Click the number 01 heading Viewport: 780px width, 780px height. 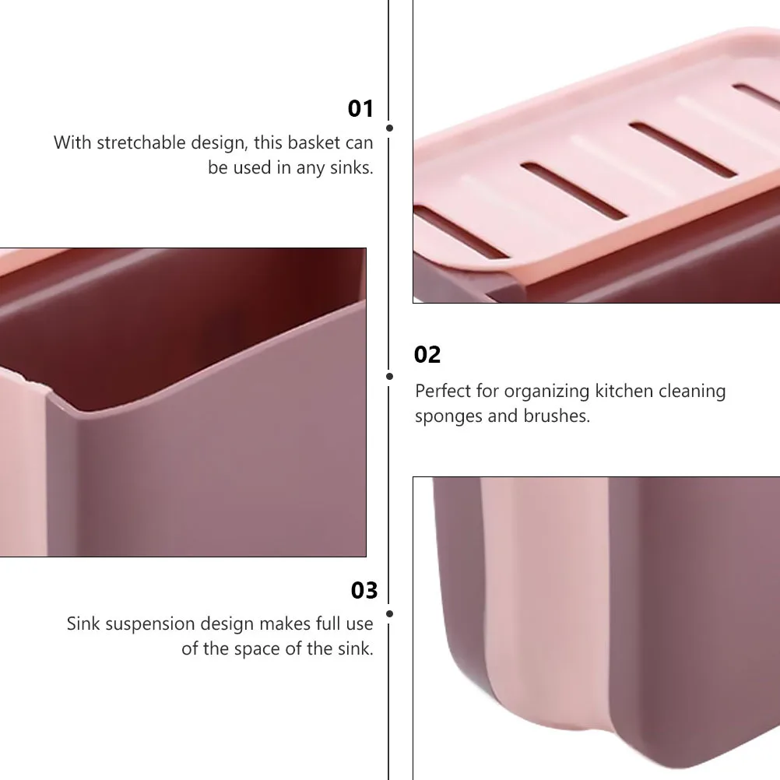(360, 109)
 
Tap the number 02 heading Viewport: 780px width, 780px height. (427, 355)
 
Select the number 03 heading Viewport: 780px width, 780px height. (364, 591)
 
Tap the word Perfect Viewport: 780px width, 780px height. (441, 391)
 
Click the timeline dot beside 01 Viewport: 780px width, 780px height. (389, 128)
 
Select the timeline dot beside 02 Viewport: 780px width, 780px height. (389, 376)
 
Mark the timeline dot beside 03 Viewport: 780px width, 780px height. (389, 613)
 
